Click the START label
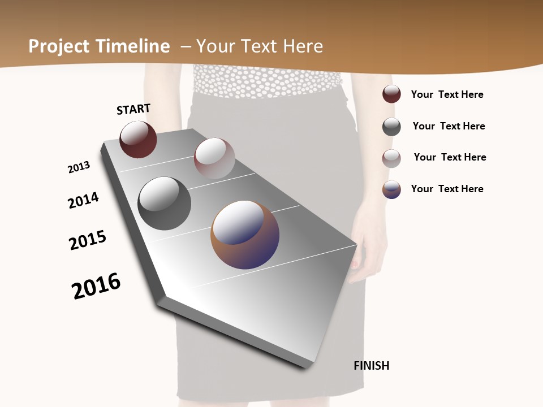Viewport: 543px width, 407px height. [133, 109]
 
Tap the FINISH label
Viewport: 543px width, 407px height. [372, 366]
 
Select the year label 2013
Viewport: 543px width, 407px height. [79, 167]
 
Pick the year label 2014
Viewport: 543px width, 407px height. [83, 200]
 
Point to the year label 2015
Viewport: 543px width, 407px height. [88, 240]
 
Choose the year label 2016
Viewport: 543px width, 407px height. [96, 285]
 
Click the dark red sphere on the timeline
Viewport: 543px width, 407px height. [138, 139]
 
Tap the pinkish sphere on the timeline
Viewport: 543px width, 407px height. [214, 158]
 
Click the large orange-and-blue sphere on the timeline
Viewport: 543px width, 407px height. [245, 235]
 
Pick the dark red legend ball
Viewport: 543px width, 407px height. [391, 94]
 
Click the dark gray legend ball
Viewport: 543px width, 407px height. [391, 127]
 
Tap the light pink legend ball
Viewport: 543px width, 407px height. [391, 158]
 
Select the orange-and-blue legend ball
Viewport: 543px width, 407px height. [391, 189]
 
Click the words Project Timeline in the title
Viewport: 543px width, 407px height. [99, 46]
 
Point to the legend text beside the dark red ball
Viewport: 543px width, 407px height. [447, 94]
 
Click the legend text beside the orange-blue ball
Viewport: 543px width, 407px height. [447, 189]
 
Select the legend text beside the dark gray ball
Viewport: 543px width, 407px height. [449, 126]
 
